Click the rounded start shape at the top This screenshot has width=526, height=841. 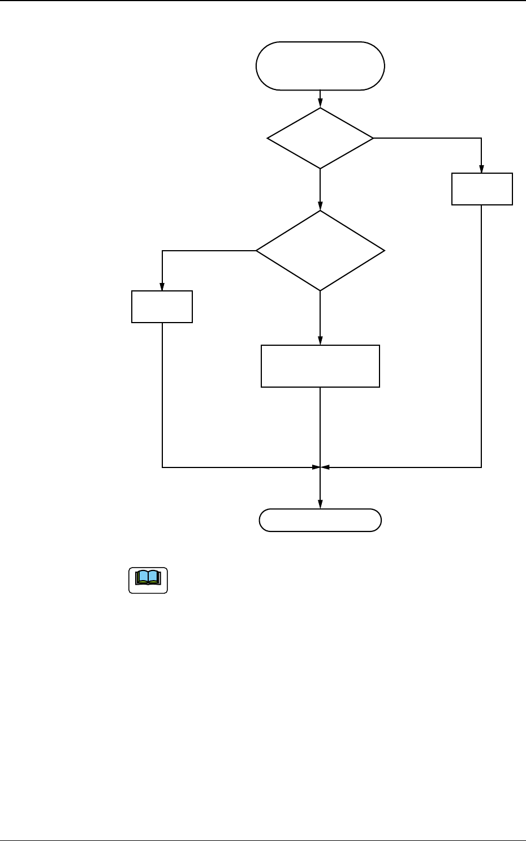[x=320, y=66]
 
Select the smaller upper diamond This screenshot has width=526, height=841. [x=320, y=138]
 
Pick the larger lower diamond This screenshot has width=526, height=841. [x=320, y=251]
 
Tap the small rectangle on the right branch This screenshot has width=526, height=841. [x=482, y=189]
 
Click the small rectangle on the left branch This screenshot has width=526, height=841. [x=162, y=307]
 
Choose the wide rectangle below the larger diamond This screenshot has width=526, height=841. [x=320, y=366]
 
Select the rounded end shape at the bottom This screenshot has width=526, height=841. [x=320, y=520]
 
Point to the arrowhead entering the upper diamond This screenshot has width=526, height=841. [x=320, y=104]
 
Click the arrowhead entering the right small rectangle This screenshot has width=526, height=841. [x=481, y=170]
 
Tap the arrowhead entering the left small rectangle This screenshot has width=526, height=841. [x=162, y=288]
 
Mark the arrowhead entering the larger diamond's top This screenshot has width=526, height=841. [x=320, y=207]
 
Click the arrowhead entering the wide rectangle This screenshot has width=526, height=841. [x=320, y=342]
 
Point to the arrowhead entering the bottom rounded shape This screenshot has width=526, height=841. [x=320, y=505]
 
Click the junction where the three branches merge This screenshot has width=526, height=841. [x=320, y=467]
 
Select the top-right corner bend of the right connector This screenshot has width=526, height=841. [x=481, y=138]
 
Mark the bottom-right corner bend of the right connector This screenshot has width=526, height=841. [x=481, y=467]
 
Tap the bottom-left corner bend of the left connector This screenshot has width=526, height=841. [x=162, y=467]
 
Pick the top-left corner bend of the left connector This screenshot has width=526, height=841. [x=162, y=251]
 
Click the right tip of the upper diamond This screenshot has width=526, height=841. [x=373, y=138]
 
